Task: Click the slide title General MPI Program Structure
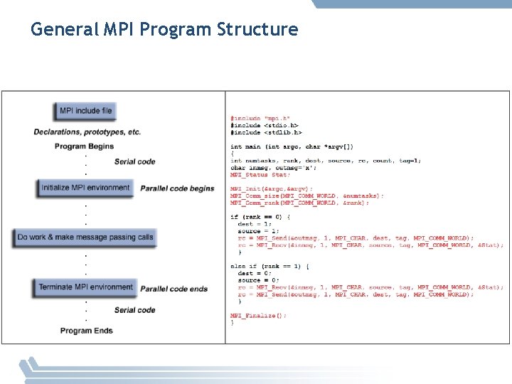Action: coord(164,30)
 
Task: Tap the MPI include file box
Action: coord(86,111)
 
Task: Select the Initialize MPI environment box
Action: coord(85,188)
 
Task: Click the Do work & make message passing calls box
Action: coord(85,238)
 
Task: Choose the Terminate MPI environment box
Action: coord(85,287)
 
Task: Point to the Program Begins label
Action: coord(84,146)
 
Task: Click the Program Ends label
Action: coord(87,331)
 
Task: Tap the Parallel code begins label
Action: coord(177,188)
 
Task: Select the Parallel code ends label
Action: coord(174,289)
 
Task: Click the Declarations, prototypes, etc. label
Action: coord(87,132)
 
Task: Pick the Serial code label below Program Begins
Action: coord(134,161)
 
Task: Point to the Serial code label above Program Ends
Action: coord(134,310)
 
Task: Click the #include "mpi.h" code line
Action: coord(260,118)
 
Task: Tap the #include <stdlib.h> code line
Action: coord(266,132)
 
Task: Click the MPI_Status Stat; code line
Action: coord(260,174)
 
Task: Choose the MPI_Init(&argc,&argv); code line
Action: coord(271,188)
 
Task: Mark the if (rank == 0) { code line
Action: coord(260,217)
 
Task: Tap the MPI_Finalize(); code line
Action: coord(258,315)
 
